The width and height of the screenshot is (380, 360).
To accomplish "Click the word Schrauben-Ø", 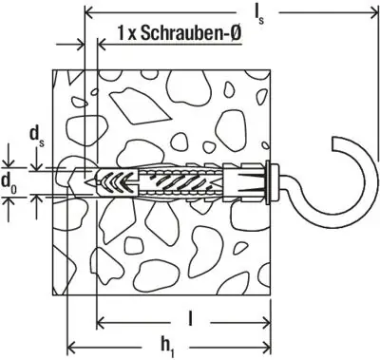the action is [x=191, y=33].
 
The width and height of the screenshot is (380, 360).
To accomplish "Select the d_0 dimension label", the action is [x=9, y=182].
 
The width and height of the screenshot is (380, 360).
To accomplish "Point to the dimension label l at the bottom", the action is [x=190, y=319].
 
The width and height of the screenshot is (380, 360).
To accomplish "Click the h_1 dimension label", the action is [x=166, y=346].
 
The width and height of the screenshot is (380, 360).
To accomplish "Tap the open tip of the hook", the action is [x=336, y=144].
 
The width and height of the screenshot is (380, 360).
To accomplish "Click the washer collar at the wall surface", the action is [x=270, y=183].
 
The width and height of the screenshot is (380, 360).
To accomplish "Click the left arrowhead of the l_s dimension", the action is [x=89, y=13].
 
